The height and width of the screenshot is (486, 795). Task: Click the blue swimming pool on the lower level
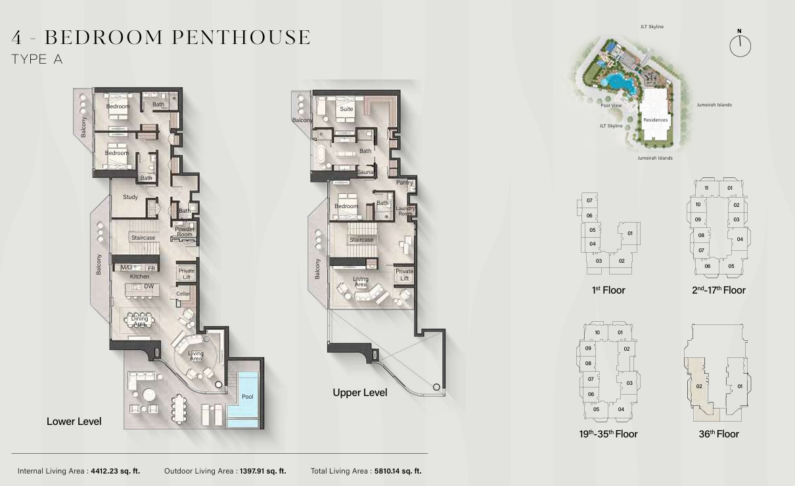[x=243, y=399]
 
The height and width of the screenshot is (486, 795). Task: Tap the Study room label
[x=130, y=197]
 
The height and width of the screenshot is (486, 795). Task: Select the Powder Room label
[x=185, y=232]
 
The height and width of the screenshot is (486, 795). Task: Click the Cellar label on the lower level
[x=183, y=294]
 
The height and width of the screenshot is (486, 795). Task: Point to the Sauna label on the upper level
[x=365, y=172]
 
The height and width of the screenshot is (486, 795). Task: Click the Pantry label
[x=405, y=183]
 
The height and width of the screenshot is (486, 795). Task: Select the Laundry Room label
[x=405, y=211]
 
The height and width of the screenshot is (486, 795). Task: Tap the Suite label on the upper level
[x=346, y=109]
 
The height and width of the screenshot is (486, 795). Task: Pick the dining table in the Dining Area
[x=139, y=320]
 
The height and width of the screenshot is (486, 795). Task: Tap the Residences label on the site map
[x=656, y=120]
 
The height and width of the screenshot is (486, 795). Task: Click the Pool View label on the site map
[x=611, y=105]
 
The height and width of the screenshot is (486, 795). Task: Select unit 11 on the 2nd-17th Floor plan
[x=706, y=188]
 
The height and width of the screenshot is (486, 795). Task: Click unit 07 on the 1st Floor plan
[x=589, y=200]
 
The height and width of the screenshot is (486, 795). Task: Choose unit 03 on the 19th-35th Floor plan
[x=629, y=383]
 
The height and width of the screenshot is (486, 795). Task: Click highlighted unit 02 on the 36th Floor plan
[x=699, y=386]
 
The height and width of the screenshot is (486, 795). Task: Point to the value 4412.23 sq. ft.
[x=116, y=471]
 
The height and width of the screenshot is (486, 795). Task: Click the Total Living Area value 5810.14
[x=398, y=471]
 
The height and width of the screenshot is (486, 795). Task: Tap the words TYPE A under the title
[x=37, y=59]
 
